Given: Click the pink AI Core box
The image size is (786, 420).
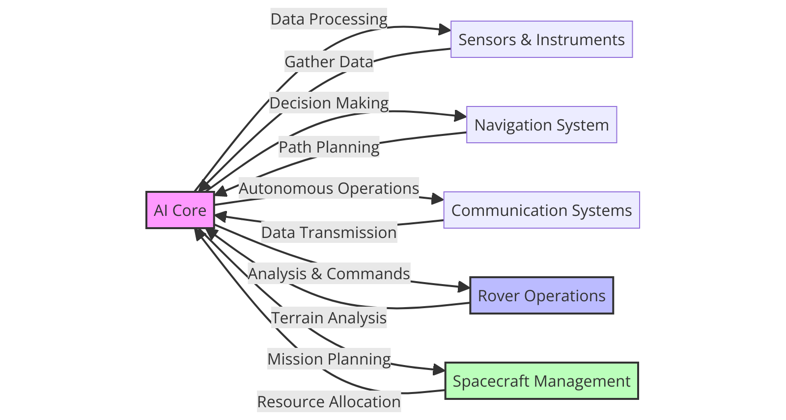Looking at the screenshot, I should (180, 210).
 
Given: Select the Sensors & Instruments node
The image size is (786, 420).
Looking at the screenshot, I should (541, 39).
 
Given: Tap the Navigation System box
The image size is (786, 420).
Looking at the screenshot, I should (541, 125).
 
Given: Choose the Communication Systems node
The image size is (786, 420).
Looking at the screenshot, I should (541, 210).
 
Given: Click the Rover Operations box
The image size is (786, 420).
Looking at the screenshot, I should (541, 295).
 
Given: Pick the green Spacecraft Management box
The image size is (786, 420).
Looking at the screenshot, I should (541, 381).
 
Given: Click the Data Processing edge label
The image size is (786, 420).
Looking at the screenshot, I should (329, 19).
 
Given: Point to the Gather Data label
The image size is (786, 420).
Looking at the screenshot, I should (329, 61).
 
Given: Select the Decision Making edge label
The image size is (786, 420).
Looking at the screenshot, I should (329, 103).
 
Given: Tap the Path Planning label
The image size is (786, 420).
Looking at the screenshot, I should (329, 147).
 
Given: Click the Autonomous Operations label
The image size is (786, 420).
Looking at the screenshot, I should (329, 188).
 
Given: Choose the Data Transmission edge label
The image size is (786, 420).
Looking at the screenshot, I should (329, 232).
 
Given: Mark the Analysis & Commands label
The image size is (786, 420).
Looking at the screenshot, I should (329, 273).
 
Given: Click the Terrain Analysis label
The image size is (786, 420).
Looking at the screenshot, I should (329, 317).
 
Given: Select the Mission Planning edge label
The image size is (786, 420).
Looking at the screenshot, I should (329, 359).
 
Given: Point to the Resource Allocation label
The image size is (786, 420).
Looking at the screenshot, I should (329, 401).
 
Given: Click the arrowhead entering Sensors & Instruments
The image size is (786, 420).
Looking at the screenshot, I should (445, 30).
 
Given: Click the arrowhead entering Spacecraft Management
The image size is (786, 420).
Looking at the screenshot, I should (439, 370).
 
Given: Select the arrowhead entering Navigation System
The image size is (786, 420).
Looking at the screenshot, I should (460, 116).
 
